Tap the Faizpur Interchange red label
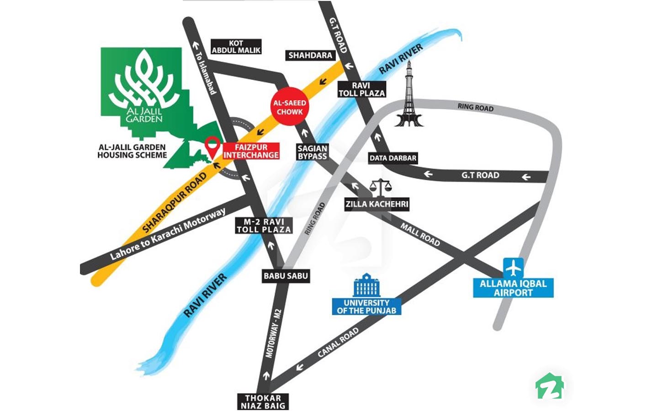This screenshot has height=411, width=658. click(251, 151)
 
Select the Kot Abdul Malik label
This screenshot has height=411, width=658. click(236, 47)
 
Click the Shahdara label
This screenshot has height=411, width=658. click(310, 55)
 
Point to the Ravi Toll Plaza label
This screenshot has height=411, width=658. click(361, 90)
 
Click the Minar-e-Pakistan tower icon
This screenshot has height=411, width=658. click(409, 96)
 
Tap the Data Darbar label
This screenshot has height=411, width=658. click(393, 158)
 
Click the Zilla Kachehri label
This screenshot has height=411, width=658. click(377, 204)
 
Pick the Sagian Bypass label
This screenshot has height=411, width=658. click(313, 152)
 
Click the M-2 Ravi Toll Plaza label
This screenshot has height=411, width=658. click(264, 226)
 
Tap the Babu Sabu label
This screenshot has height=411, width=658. click(286, 276)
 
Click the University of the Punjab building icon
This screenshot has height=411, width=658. click(366, 286)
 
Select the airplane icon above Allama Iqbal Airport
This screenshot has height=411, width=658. click(514, 268)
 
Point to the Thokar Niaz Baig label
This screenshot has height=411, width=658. click(263, 402)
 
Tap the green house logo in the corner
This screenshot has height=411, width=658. click(549, 387)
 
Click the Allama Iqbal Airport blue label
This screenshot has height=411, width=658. click(513, 288)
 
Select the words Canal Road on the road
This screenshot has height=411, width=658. click(338, 342)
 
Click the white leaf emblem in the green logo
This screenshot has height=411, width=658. click(143, 80)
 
